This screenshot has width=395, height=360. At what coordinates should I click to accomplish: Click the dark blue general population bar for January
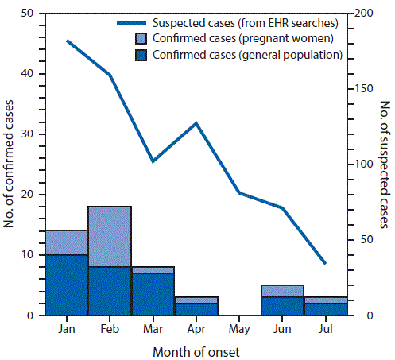66,285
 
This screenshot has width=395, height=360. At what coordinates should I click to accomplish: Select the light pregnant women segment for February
109,236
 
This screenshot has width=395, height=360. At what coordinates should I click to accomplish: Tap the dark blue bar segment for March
152,294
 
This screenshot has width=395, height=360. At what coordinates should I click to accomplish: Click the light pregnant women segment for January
66,242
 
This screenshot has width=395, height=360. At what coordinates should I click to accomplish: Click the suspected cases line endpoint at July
325,263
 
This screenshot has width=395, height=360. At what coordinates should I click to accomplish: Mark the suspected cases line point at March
153,161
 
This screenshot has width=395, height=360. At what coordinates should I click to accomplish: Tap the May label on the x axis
239,327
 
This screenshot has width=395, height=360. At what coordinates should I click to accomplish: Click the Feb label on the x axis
109,327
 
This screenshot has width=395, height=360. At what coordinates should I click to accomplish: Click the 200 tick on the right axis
365,14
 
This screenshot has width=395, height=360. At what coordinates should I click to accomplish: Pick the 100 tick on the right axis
365,165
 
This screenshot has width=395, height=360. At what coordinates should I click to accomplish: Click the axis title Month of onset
196,350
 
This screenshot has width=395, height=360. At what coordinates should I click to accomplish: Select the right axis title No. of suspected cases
385,165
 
